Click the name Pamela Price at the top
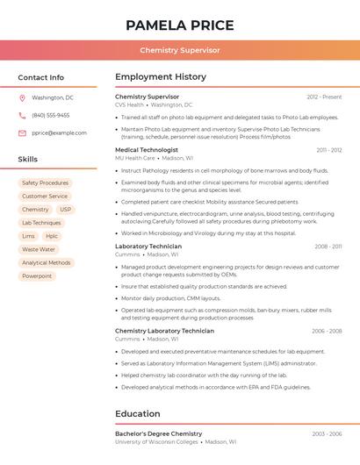[180, 25]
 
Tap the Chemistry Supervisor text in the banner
[180, 51]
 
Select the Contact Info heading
[41, 77]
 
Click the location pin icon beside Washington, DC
[22, 98]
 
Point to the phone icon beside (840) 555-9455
[22, 115]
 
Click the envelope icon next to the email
[22, 133]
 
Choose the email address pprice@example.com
[59, 133]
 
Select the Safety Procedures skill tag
[45, 183]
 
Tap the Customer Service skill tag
[45, 197]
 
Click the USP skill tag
[65, 210]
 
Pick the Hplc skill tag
[52, 236]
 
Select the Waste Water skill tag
[39, 249]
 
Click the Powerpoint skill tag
[37, 275]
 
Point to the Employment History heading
[161, 77]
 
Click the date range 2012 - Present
[324, 97]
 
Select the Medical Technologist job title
[147, 150]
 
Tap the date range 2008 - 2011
[328, 247]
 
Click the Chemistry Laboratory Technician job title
[164, 331]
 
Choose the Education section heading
[138, 413]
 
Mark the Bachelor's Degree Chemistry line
[159, 433]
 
